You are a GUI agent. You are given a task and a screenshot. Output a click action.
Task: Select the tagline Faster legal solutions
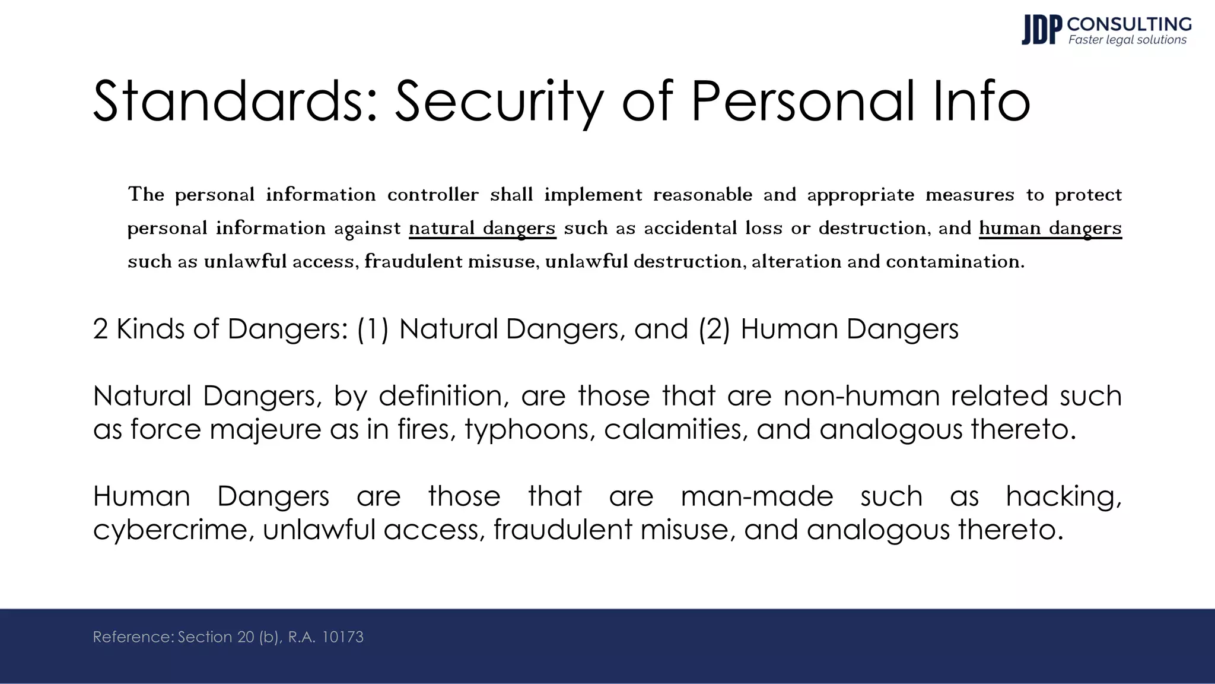point(1127,40)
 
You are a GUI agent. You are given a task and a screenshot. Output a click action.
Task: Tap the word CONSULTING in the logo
point(1129,24)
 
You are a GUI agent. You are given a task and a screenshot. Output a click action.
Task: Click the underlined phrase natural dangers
point(482,228)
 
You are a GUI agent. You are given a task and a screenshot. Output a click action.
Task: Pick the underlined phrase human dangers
point(1050,228)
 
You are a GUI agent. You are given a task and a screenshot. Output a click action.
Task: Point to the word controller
point(432,195)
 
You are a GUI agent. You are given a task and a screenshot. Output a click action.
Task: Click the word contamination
point(955,261)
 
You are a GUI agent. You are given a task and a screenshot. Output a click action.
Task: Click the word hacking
point(1064,496)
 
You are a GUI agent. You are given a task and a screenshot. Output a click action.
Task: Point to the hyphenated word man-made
point(756,496)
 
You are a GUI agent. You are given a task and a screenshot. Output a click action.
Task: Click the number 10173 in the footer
point(342,637)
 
